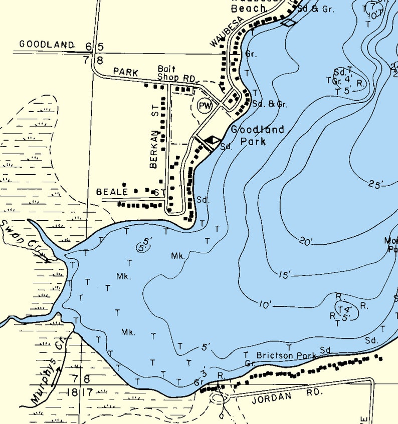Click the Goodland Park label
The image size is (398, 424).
tap(257, 136)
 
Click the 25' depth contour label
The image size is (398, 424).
tap(375, 184)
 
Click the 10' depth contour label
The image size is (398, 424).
tap(265, 304)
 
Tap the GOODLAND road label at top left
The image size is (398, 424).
tap(47, 45)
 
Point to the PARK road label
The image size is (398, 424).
tap(125, 72)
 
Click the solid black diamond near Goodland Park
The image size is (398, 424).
tap(213, 141)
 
